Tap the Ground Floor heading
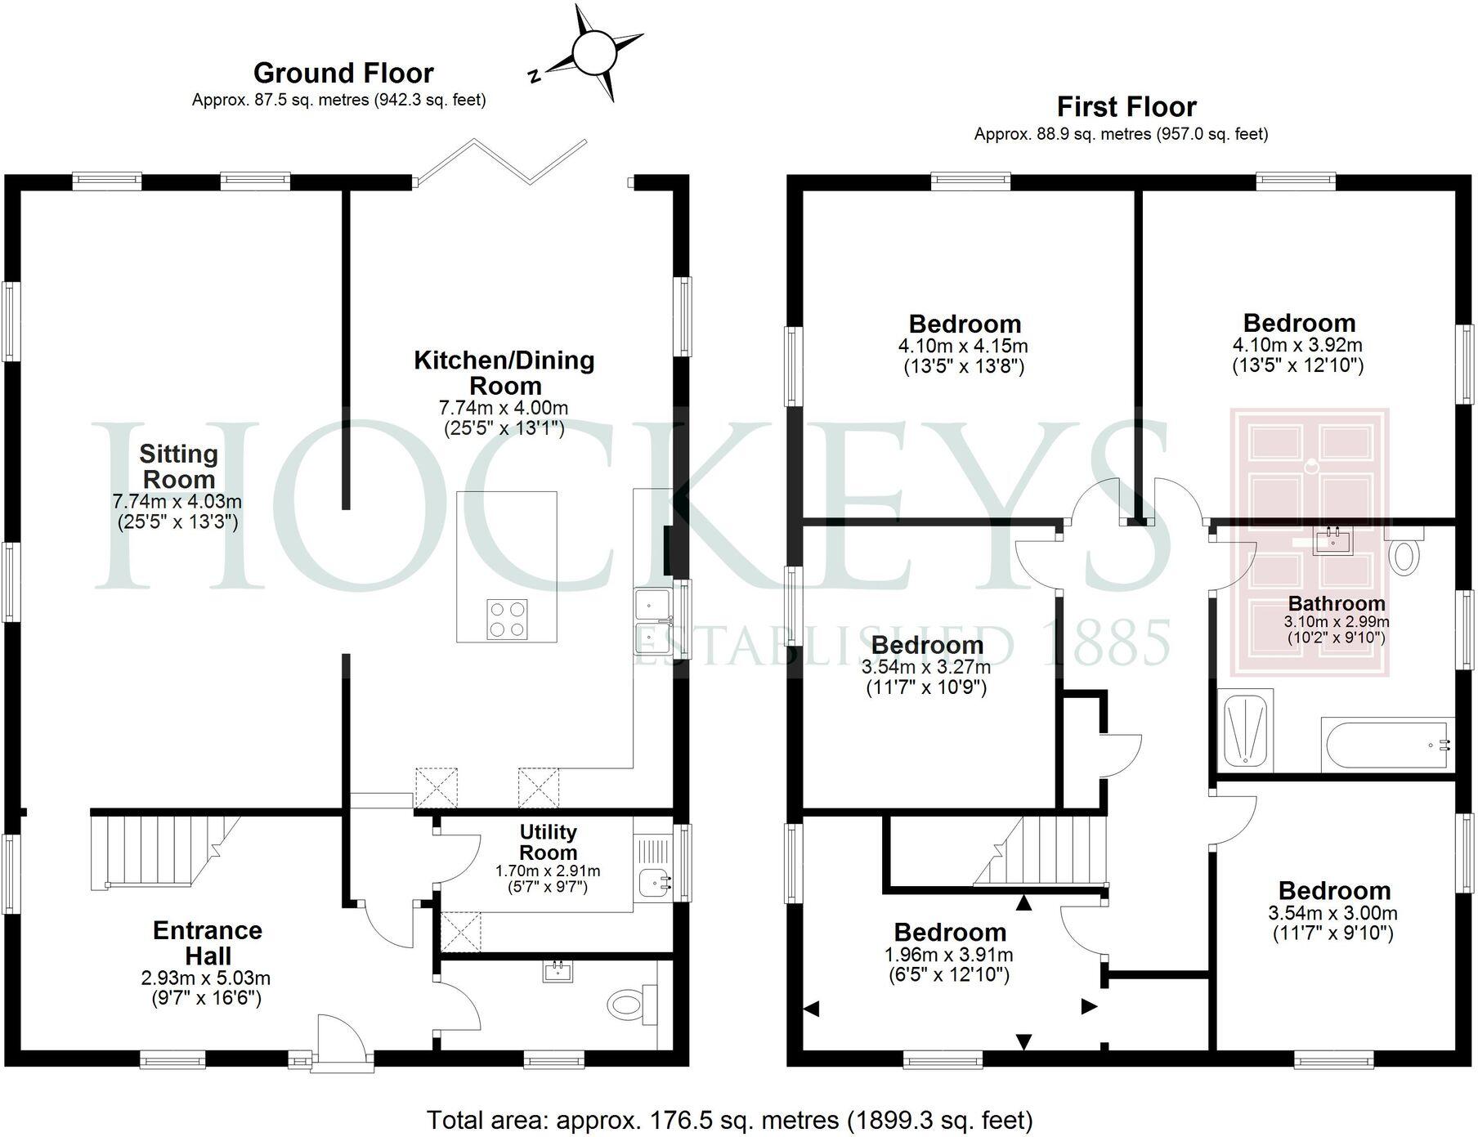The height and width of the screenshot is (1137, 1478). [343, 74]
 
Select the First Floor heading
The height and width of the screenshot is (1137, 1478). [1126, 107]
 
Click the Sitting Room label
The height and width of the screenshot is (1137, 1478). [177, 466]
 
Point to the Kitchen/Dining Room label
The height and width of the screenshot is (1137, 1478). [504, 373]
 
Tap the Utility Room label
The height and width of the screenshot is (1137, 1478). [549, 842]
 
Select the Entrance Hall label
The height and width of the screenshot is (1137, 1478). [208, 942]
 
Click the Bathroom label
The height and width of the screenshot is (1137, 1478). [1337, 603]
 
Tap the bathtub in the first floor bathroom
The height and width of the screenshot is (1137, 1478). [1386, 745]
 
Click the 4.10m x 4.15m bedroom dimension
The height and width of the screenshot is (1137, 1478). [963, 346]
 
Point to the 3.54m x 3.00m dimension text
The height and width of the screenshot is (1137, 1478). [1334, 913]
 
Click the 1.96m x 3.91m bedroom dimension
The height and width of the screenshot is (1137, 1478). [949, 955]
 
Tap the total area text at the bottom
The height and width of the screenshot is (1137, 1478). [730, 1119]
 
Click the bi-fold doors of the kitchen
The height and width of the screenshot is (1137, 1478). [500, 160]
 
